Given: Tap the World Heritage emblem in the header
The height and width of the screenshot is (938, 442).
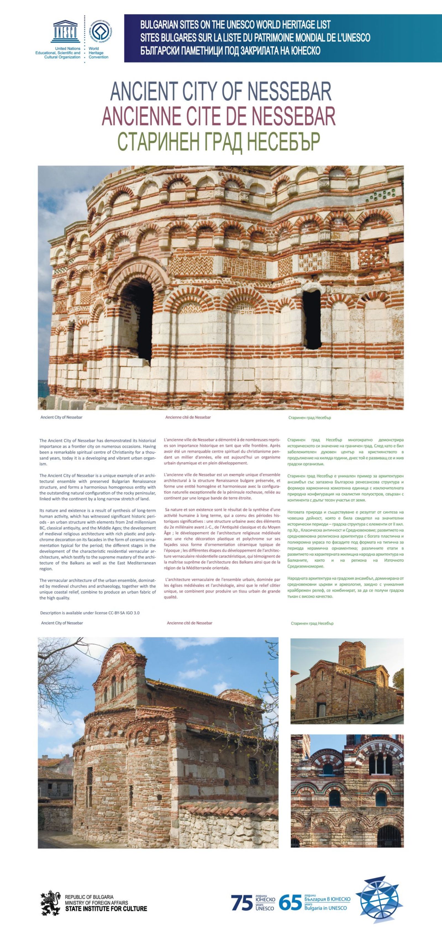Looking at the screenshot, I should click(101, 31).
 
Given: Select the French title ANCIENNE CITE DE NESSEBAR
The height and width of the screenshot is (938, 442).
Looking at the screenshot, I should click(218, 116).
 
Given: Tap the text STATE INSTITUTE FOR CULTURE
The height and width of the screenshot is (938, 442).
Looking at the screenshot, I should click(106, 909).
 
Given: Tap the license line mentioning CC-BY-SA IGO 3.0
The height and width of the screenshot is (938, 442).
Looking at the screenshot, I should click(90, 613).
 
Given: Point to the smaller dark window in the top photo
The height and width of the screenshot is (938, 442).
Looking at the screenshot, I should click(312, 319).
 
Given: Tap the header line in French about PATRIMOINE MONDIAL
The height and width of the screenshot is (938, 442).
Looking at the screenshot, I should click(255, 38).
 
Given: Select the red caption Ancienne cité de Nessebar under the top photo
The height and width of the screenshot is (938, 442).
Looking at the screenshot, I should click(188, 417).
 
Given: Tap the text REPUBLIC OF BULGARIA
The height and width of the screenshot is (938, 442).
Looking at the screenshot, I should click(89, 897).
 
